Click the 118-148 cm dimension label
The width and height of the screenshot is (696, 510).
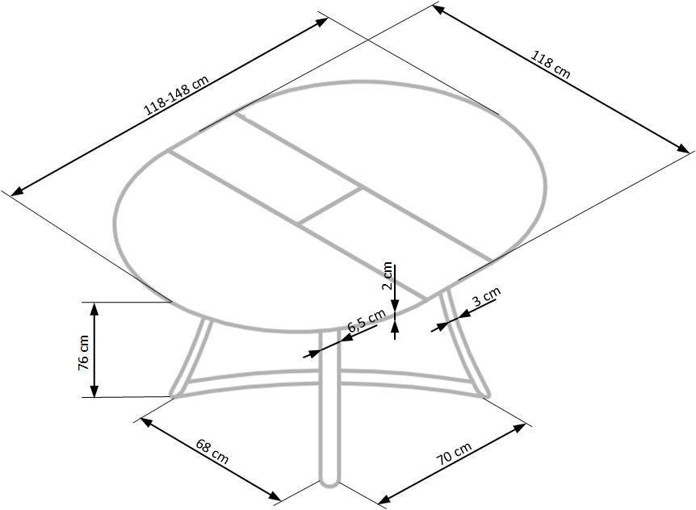176,94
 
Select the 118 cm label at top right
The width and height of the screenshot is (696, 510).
551,64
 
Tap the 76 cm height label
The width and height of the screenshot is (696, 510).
83,353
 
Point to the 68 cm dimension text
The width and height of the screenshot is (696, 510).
212,451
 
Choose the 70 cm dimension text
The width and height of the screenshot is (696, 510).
454,454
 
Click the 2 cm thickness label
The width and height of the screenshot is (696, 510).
387,275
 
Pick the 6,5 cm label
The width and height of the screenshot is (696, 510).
367,320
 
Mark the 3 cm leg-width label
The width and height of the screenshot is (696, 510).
486,296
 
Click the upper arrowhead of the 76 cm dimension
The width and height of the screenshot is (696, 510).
94,308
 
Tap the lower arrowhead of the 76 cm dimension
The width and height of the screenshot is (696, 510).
94,391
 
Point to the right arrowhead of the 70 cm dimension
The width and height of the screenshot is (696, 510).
520,427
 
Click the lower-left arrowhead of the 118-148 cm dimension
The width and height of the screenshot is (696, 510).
17,191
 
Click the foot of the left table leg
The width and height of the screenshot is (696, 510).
175,393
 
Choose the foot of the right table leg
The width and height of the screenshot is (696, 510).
484,392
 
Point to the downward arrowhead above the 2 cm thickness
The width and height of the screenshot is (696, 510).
395,305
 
